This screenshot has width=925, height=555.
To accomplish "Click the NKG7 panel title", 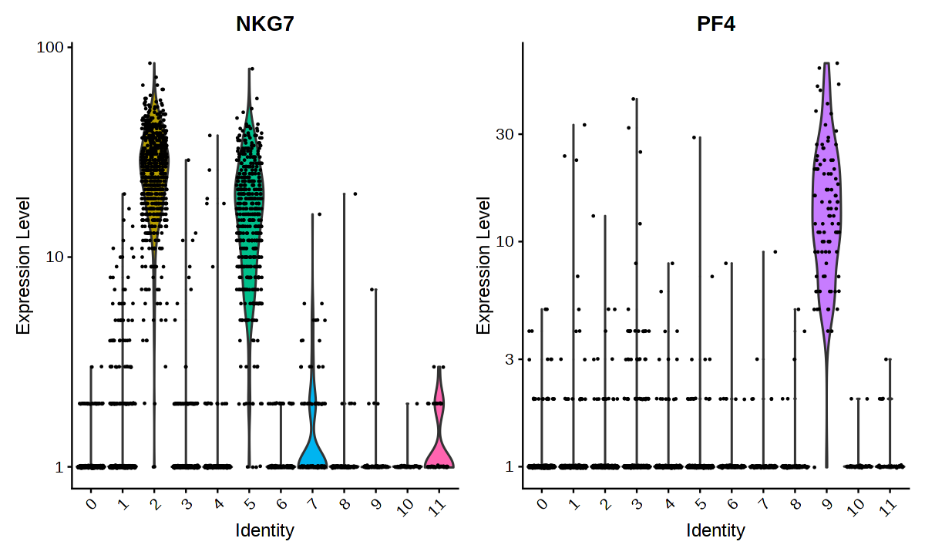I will (x=265, y=24).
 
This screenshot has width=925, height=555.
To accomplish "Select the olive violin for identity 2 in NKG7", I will (x=154, y=162).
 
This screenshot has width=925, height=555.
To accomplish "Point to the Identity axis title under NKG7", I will (x=265, y=530).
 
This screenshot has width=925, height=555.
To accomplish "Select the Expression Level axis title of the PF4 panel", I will (x=483, y=265).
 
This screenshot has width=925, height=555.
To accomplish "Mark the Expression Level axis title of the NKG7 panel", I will (x=24, y=265).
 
